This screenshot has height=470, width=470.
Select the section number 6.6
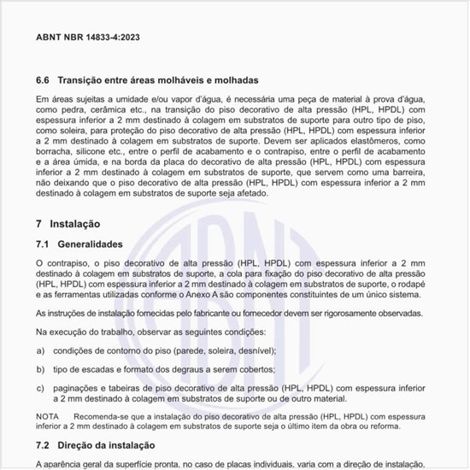[x=44, y=79]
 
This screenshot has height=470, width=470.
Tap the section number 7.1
[x=44, y=244]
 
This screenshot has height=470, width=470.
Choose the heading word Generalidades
[x=97, y=244]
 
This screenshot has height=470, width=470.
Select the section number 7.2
[x=44, y=445]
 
